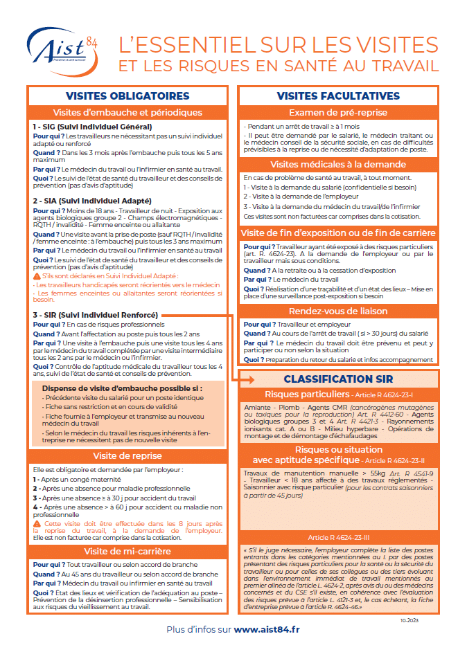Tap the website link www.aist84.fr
point(267,629)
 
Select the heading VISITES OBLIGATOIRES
point(127,96)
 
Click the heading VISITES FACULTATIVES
point(338,96)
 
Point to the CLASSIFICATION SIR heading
point(338,379)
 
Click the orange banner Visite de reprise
point(127,456)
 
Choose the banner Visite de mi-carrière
point(127,551)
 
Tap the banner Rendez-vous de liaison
point(338,311)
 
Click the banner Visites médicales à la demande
point(338,164)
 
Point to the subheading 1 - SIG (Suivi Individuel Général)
point(92,127)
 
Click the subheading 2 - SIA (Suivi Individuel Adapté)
point(93,200)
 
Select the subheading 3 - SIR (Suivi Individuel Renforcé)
point(96,315)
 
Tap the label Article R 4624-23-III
point(338,536)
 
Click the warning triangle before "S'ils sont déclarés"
point(37,275)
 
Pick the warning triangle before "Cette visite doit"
point(37,523)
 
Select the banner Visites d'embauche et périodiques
point(127,112)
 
